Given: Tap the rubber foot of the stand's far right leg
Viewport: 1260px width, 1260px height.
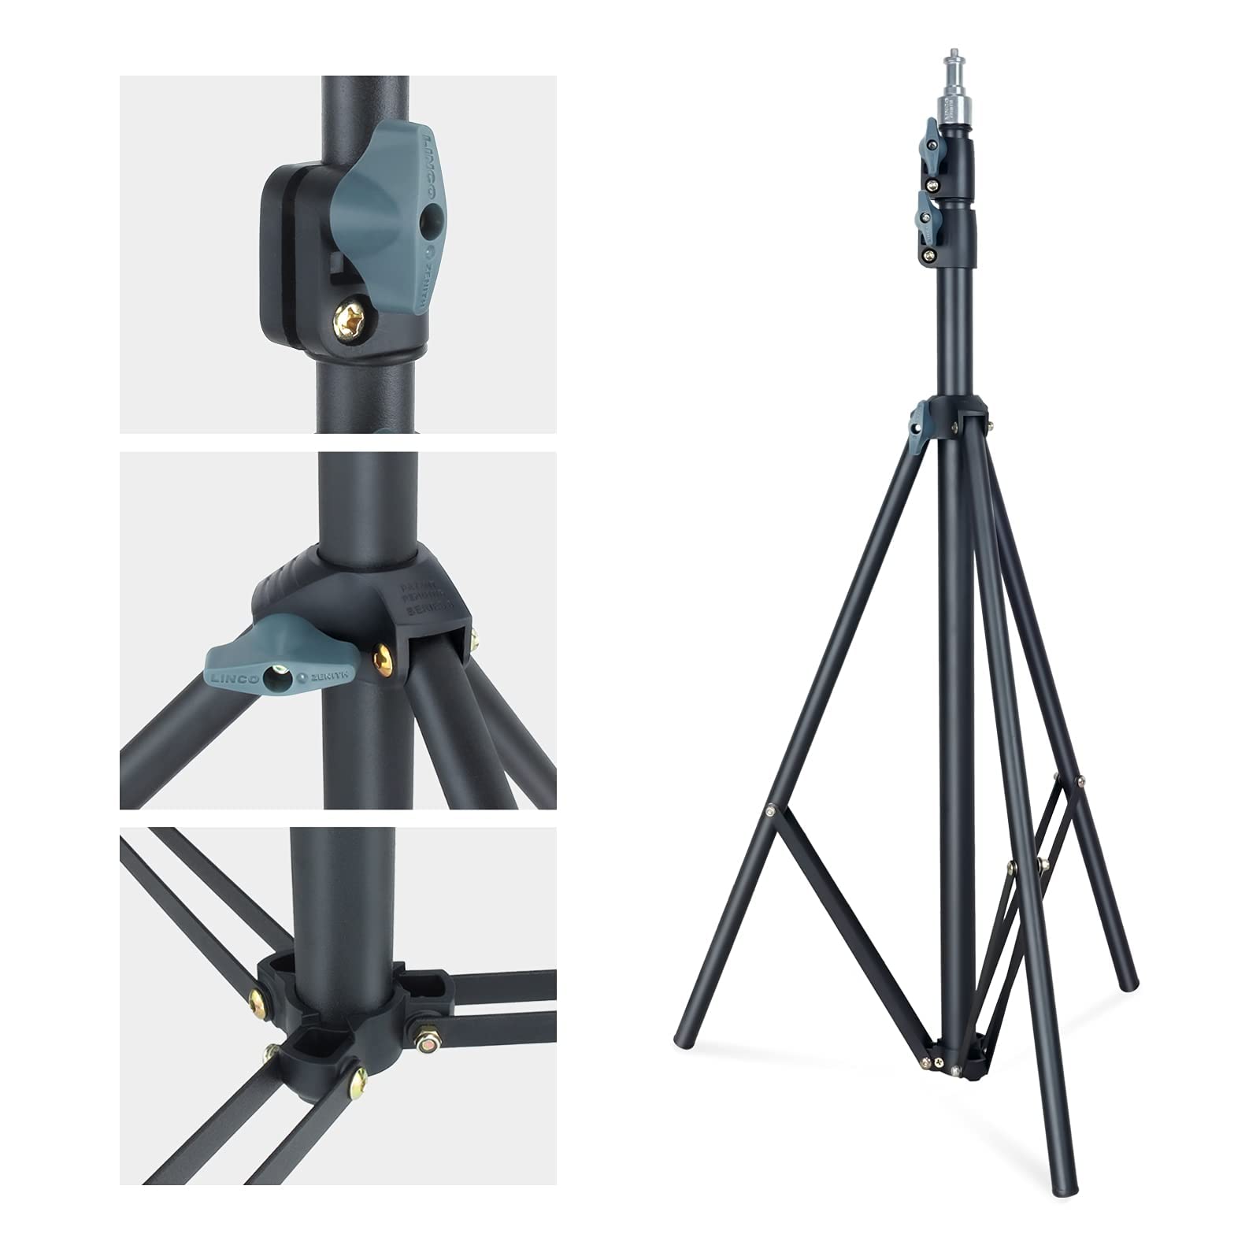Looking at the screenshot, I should (x=1132, y=983).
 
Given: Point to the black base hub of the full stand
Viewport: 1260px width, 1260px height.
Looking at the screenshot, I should (x=956, y=1057).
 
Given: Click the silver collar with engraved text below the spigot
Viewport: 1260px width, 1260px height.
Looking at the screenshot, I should (x=954, y=112).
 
